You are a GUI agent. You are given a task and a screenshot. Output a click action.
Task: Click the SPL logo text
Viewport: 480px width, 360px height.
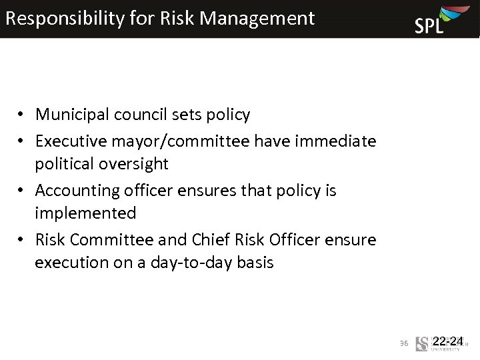point(429,25)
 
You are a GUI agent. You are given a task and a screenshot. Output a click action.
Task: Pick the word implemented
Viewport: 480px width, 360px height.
point(85,213)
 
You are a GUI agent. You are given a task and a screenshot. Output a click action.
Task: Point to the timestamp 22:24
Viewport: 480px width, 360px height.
point(448,341)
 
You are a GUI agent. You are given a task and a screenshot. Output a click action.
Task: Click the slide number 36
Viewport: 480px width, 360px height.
point(403,343)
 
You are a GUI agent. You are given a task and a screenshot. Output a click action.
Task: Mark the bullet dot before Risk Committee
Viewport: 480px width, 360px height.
point(22,240)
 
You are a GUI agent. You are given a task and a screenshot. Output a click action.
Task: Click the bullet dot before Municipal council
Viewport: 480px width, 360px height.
point(22,115)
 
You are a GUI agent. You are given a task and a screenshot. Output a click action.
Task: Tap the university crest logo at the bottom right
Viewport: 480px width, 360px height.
point(421,344)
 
